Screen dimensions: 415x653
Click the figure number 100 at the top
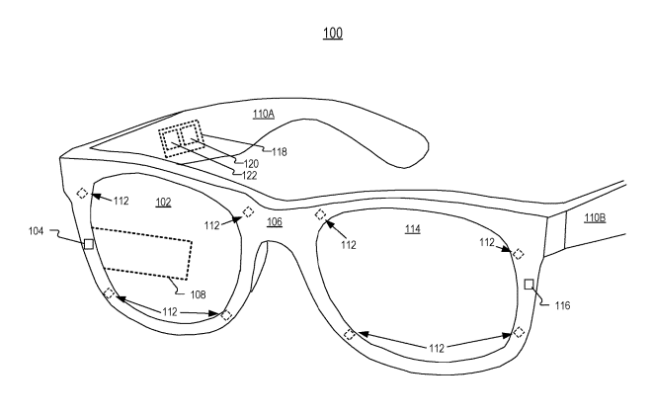tap(333, 34)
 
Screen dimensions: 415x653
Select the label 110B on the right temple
tap(596, 217)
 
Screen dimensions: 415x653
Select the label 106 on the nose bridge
tap(275, 222)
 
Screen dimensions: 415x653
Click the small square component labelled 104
tap(88, 243)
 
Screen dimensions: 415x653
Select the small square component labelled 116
tap(529, 285)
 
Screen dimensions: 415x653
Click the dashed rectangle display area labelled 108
tap(145, 254)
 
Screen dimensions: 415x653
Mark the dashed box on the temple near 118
tap(182, 138)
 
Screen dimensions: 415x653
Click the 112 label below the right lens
tap(437, 348)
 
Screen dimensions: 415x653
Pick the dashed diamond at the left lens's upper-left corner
tap(82, 194)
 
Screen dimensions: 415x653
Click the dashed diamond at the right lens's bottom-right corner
tap(519, 332)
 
